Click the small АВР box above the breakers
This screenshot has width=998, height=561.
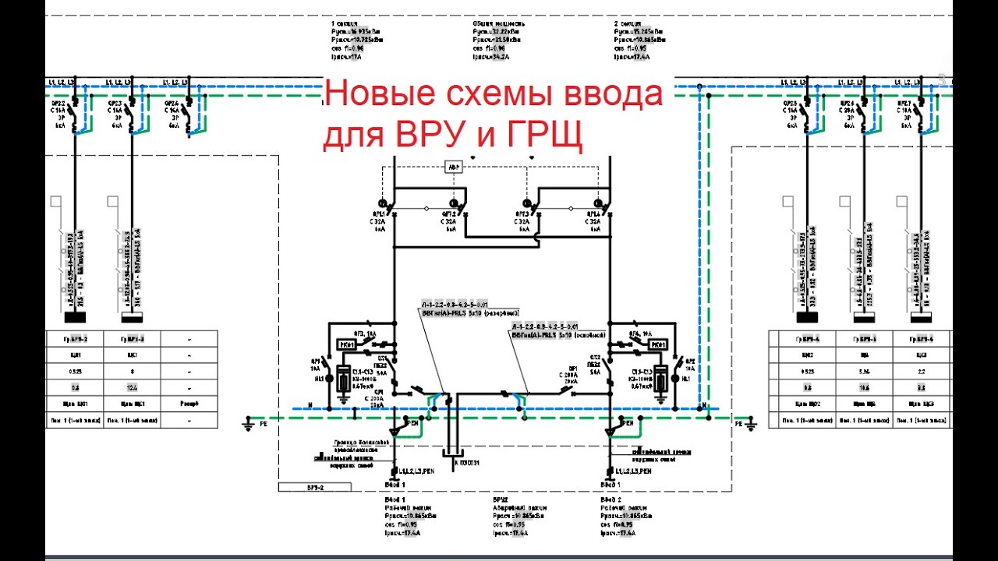coord(453,167)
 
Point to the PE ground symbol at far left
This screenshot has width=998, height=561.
coord(249,425)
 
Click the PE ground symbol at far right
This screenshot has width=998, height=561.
coord(752,425)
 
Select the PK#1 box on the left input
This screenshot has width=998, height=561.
coord(347,344)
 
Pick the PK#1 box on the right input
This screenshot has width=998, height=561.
coord(657,344)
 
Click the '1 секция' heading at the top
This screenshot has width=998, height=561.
coord(344,23)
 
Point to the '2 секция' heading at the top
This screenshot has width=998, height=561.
coord(627,23)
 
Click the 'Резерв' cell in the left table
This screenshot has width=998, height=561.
coord(191,404)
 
